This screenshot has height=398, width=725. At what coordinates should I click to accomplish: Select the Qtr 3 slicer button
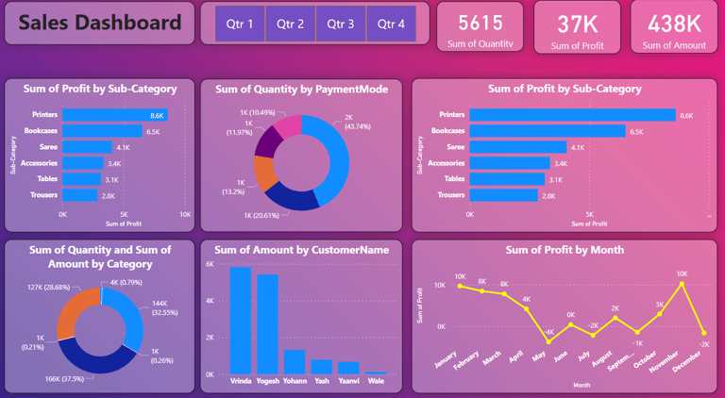[x=340, y=24]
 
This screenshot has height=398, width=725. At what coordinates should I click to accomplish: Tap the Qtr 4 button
[x=390, y=24]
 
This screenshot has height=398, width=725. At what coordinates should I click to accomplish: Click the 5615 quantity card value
[x=481, y=24]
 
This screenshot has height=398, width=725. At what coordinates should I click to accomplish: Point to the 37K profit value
[x=577, y=24]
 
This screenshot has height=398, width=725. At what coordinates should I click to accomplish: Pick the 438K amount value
[x=673, y=24]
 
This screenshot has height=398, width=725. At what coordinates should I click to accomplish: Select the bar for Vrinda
[x=241, y=321]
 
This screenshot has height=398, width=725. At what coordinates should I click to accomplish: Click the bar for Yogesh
[x=268, y=324]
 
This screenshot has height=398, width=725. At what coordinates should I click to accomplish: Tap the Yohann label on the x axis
[x=295, y=382]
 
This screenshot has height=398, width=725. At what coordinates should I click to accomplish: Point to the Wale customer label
[x=376, y=382]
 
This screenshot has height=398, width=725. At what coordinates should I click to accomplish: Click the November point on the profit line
[x=682, y=283]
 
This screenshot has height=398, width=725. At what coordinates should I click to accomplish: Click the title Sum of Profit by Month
[x=565, y=250]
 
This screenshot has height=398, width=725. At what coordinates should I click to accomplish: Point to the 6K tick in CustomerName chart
[x=211, y=265]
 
